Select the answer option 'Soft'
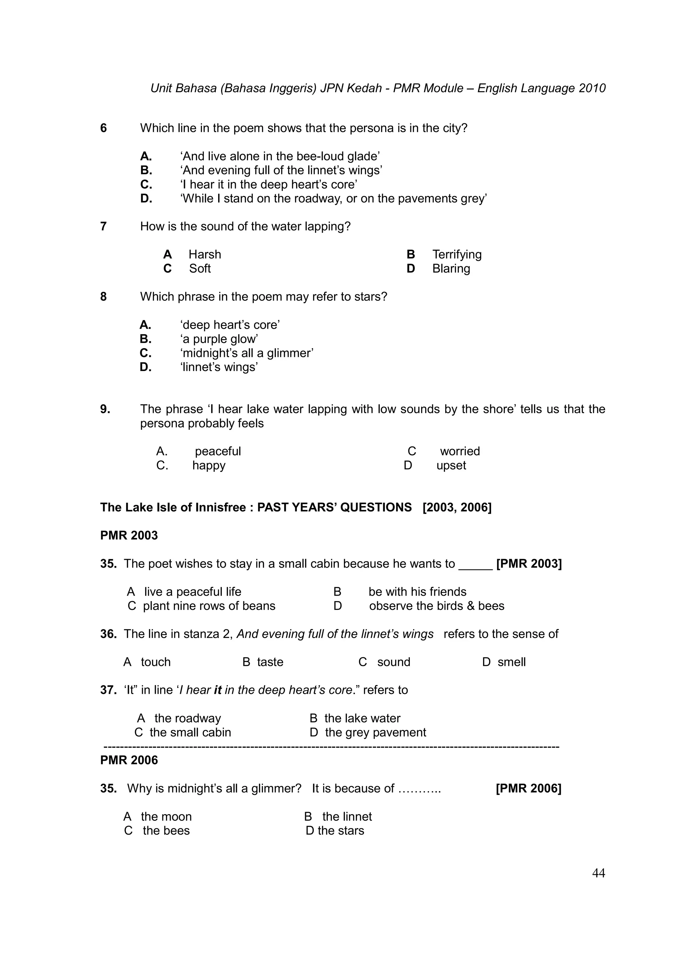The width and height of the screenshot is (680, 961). (x=200, y=268)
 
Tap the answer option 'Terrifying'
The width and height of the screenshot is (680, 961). (x=457, y=254)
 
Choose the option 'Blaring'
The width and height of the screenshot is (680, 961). (x=451, y=268)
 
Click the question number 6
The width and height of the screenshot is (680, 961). (x=104, y=128)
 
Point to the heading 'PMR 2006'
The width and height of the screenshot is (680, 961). (x=129, y=760)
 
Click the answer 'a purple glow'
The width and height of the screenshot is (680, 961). (x=219, y=339)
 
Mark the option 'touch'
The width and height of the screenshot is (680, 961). (x=155, y=662)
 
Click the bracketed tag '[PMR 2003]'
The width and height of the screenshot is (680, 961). (x=529, y=563)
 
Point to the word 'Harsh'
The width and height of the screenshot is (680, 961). (x=205, y=254)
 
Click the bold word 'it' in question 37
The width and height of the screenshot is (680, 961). (x=217, y=690)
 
